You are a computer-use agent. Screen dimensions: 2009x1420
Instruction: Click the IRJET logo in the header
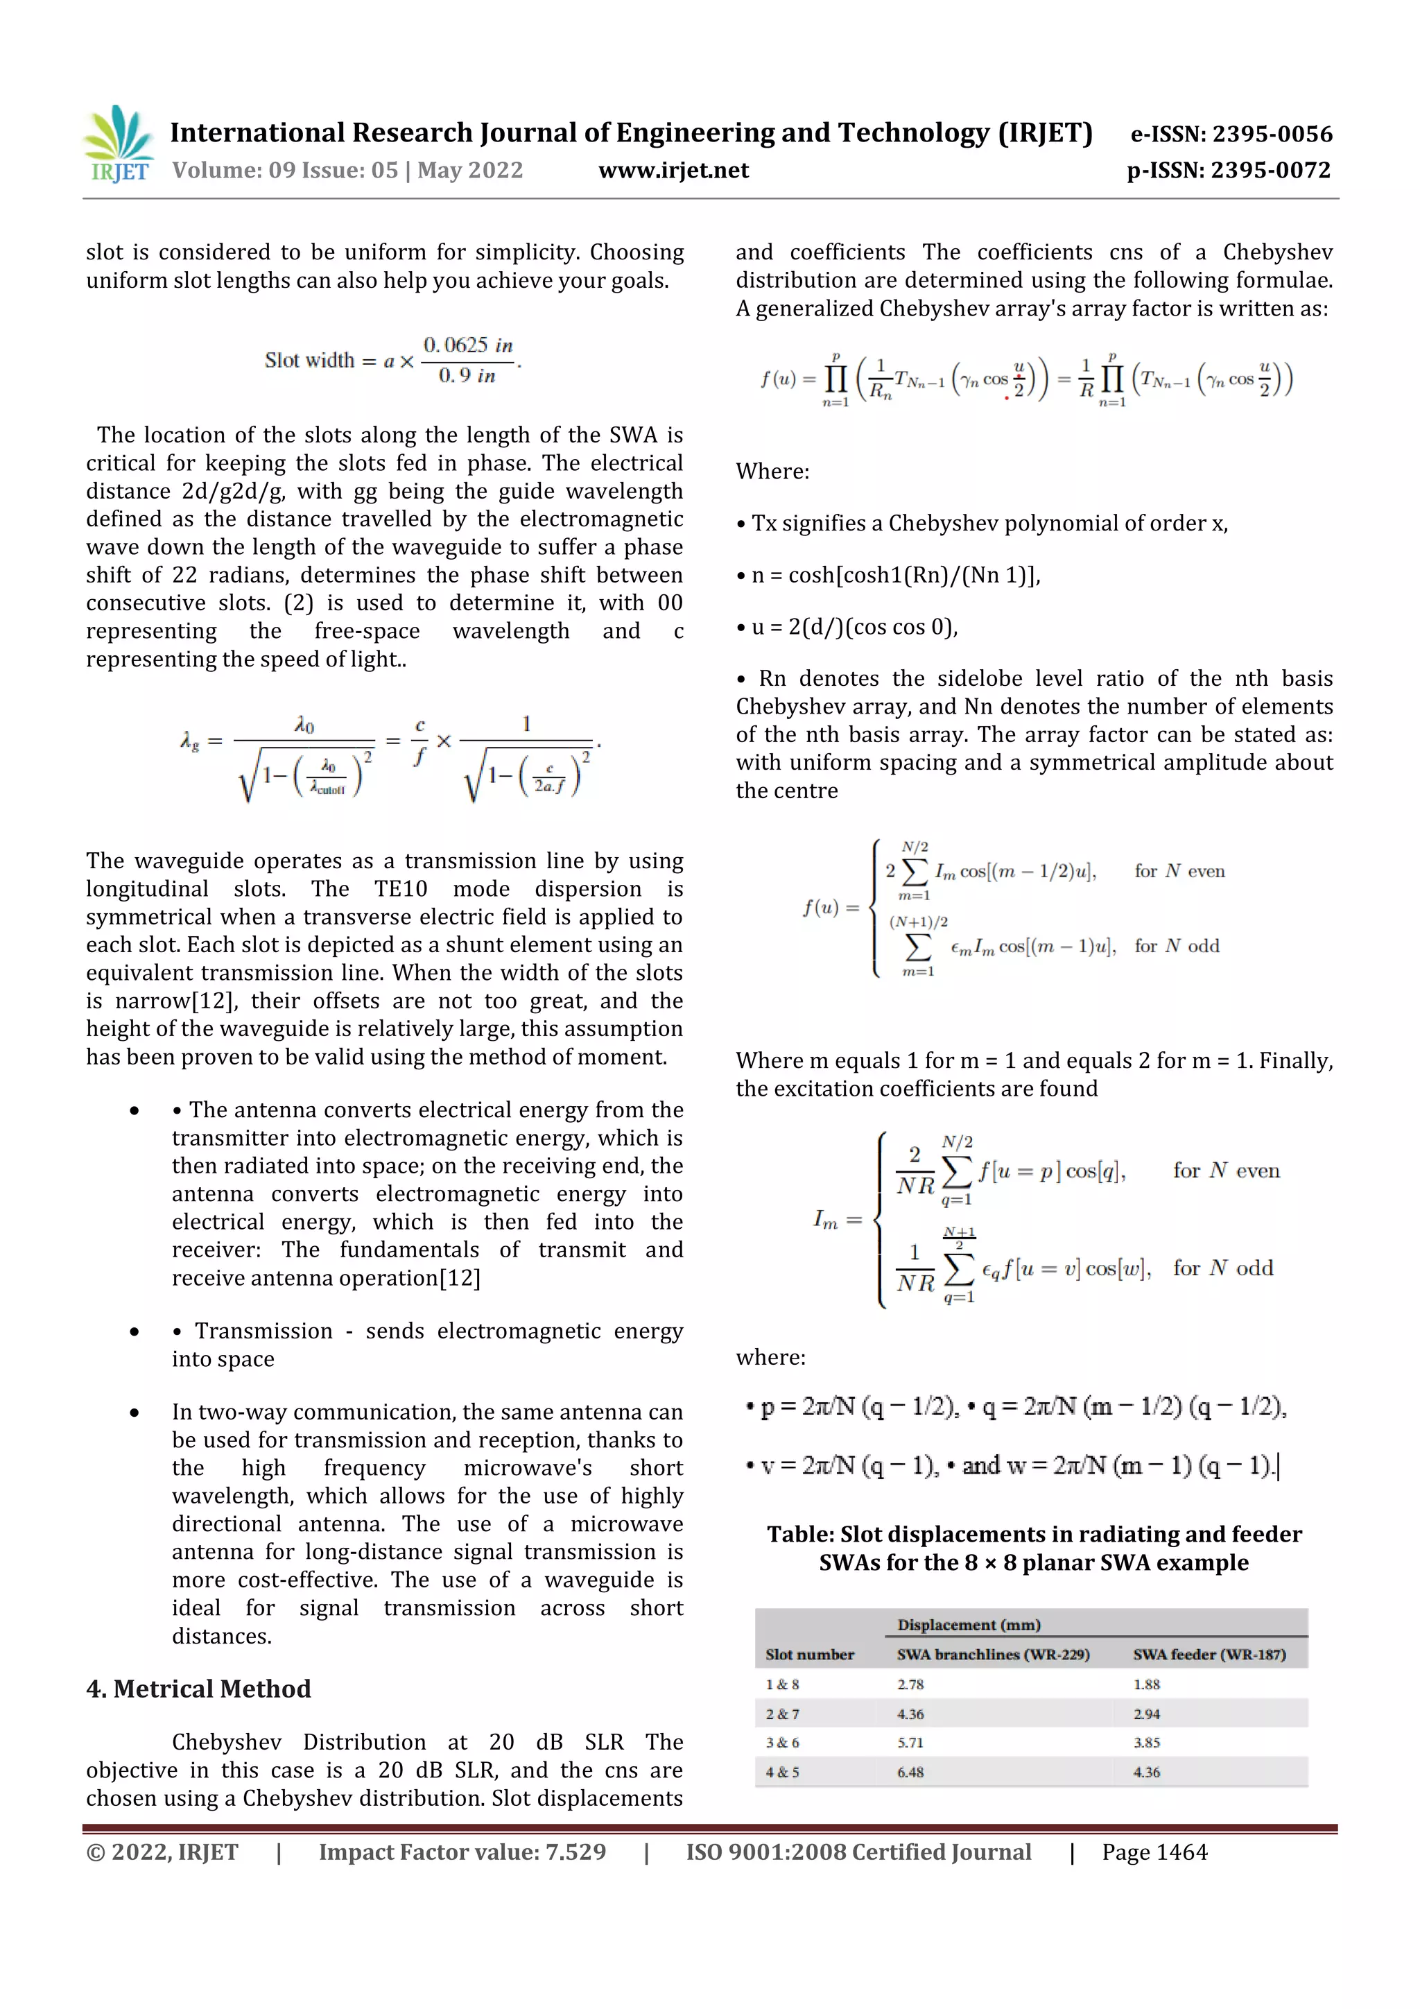coord(119,144)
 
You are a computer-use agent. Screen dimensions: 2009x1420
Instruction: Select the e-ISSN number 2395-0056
coord(1231,134)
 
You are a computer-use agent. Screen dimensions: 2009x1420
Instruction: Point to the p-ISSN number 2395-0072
coord(1229,171)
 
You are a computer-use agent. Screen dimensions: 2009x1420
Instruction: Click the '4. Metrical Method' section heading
coord(198,1689)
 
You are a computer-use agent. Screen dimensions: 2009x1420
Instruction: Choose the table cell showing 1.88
coord(1146,1684)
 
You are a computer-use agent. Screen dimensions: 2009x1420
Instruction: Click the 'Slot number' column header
coord(809,1655)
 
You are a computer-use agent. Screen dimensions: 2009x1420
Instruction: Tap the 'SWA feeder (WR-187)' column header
coord(1209,1655)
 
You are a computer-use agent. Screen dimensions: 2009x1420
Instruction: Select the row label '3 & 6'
coord(782,1742)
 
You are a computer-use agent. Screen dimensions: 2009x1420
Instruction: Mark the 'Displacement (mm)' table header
coord(969,1625)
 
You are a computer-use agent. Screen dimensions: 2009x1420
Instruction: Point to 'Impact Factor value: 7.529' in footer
coord(462,1852)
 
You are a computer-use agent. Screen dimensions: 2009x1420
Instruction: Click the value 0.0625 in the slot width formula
coord(455,345)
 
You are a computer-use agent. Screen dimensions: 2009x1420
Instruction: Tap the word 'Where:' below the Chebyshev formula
coord(772,472)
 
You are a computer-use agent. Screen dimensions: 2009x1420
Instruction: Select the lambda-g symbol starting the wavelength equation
coord(190,743)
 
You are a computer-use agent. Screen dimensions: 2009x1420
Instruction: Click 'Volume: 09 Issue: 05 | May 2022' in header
coord(347,171)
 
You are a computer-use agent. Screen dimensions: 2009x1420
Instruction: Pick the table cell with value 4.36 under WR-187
coord(1146,1772)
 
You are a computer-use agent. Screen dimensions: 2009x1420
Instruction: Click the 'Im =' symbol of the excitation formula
coord(838,1219)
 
